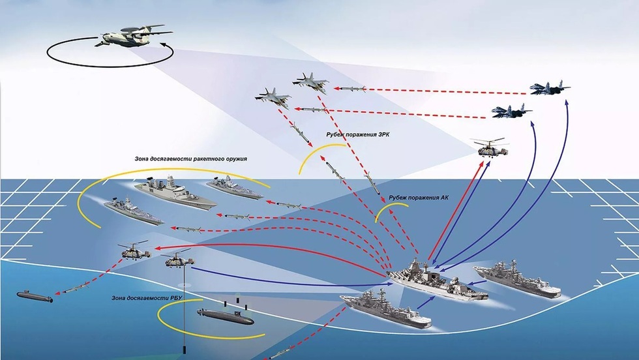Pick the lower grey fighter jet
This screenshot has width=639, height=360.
[x=273, y=97]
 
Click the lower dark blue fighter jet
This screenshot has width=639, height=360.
[x=511, y=112]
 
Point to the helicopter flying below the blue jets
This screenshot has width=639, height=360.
[x=490, y=148]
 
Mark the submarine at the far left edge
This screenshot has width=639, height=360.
[x=32, y=297]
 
